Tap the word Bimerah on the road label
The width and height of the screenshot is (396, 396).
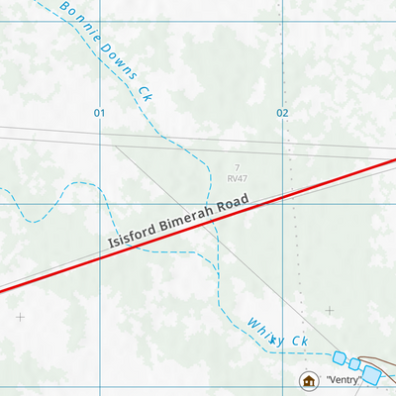point(199,218)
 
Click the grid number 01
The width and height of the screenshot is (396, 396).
point(99,113)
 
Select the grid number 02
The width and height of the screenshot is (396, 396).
point(282,113)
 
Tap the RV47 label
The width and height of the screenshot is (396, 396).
point(237,178)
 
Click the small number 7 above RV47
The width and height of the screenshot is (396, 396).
point(238,167)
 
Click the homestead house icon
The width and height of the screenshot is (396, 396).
point(308,380)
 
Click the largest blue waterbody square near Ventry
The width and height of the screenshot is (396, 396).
point(372,374)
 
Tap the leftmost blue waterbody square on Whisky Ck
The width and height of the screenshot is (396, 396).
point(340,357)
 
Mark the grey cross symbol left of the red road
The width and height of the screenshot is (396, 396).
point(19,318)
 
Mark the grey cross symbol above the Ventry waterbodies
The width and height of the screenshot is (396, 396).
point(330,310)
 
